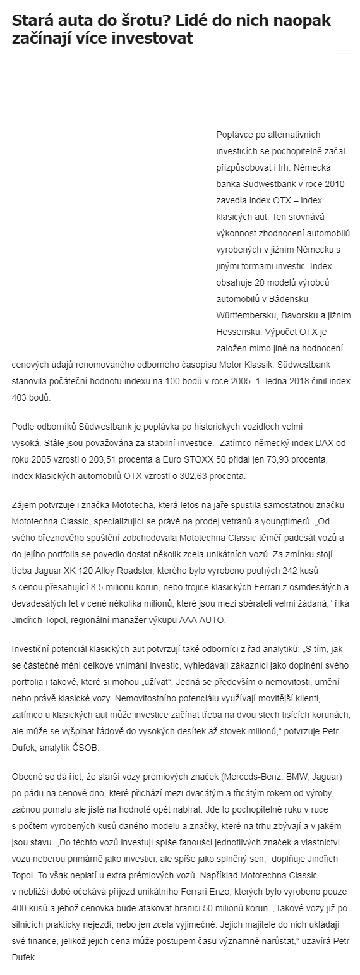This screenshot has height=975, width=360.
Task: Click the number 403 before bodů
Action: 19,398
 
